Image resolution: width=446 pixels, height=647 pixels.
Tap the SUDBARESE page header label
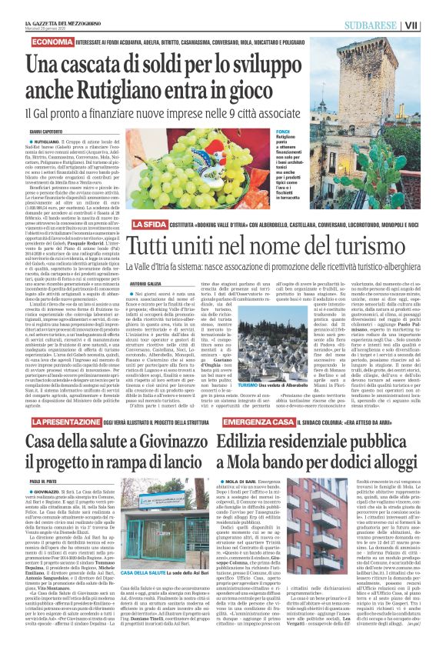click(381, 25)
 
